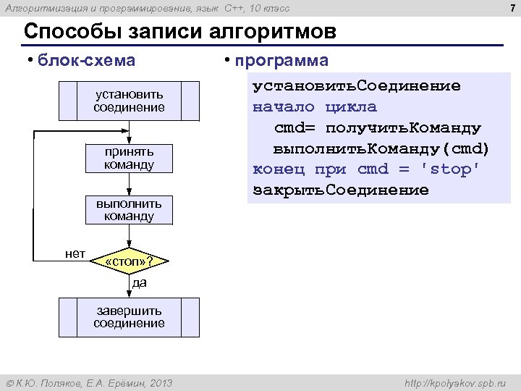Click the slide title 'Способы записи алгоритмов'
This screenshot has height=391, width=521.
pos(180,33)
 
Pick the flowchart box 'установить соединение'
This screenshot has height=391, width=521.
pos(129,101)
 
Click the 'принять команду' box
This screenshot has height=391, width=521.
pos(129,159)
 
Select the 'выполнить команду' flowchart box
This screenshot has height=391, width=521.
pos(129,209)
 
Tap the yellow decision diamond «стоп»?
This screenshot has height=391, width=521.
pos(129,261)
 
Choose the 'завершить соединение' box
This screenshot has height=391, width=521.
pos(129,317)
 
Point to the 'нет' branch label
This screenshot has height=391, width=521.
pos(75,253)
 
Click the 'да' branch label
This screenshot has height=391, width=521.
pos(139,282)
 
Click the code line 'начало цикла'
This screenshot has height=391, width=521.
pos(315,107)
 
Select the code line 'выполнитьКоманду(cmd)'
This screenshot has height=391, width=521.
pos(381,148)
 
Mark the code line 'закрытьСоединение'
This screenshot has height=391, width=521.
pos(341,190)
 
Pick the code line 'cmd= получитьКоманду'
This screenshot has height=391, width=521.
pos(378,128)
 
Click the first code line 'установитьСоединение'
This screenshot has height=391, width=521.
pos(356,86)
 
